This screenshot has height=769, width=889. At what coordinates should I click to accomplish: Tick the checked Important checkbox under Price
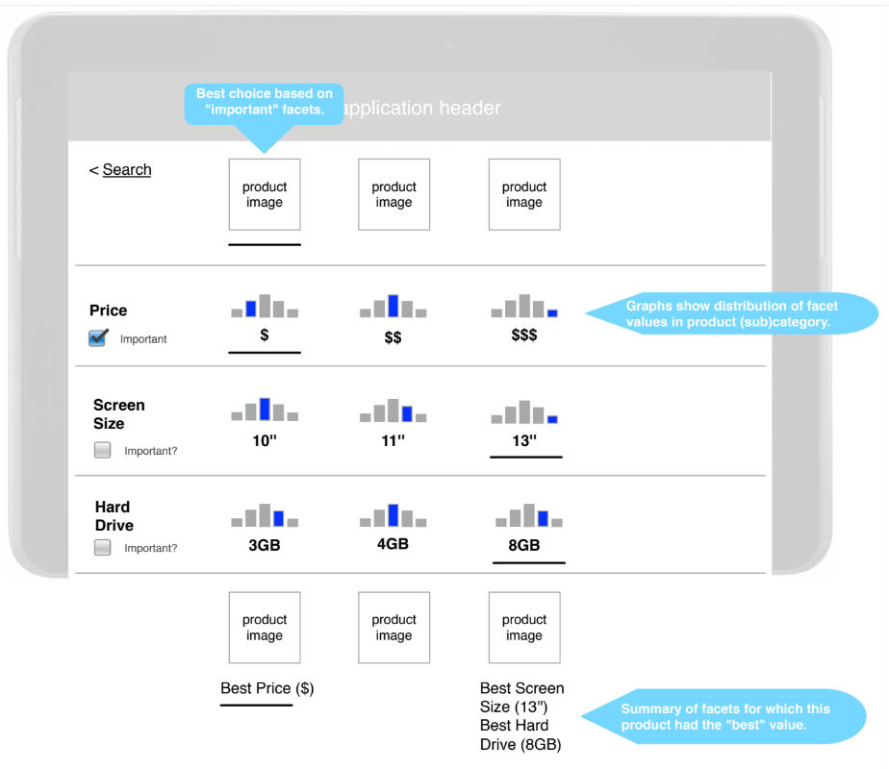click(97, 338)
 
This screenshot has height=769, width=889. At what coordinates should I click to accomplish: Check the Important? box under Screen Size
click(103, 450)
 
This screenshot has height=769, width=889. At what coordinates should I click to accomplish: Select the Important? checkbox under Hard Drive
click(103, 548)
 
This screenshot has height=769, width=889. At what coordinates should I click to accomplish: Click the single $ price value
click(265, 335)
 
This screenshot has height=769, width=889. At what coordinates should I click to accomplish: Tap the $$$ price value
click(523, 335)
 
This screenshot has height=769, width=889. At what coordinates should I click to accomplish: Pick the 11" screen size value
click(393, 440)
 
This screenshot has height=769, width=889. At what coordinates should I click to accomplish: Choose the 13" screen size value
click(524, 440)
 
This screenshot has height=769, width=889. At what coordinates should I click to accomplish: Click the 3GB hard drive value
click(265, 545)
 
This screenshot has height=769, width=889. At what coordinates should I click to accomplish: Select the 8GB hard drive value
click(523, 545)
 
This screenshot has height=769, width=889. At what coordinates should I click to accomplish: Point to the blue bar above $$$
click(552, 313)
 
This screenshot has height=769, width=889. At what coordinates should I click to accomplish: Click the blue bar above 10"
click(265, 409)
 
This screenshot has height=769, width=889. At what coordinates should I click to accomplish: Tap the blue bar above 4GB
click(393, 515)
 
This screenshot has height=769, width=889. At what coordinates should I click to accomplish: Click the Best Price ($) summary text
click(267, 688)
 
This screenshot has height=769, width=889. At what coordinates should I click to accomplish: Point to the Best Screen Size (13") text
click(522, 698)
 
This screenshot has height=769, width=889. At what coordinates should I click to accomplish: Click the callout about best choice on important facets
click(265, 102)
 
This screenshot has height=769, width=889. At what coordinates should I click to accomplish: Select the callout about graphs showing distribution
click(732, 313)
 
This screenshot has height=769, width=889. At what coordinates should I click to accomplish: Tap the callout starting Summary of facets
click(724, 716)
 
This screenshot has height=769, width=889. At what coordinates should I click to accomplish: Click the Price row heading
click(109, 310)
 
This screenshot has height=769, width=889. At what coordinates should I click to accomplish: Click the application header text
click(422, 108)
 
